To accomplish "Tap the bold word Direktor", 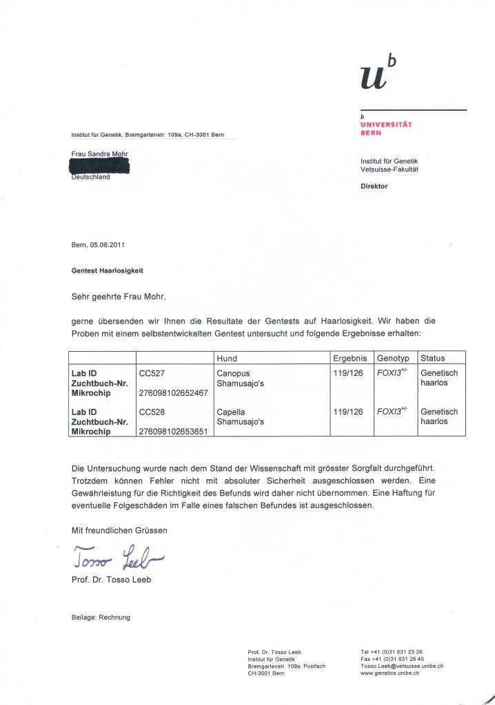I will tap(374, 187).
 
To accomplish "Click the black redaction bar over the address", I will tap(101, 166).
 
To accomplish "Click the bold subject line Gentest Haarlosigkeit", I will tap(108, 271).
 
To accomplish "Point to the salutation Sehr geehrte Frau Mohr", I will tap(119, 297).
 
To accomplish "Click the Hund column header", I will tap(227, 358).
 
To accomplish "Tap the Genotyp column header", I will tap(393, 358).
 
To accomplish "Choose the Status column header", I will tap(433, 358).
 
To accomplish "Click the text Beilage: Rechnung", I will tap(101, 617).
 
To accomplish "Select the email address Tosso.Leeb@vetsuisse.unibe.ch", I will tap(401, 666).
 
